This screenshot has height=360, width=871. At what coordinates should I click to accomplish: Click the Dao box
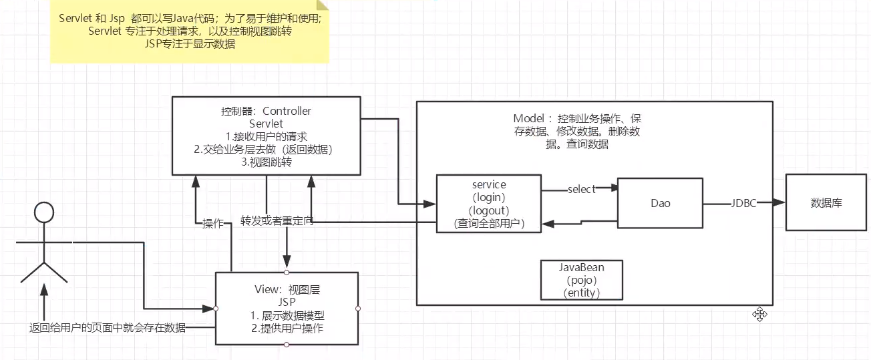(659, 202)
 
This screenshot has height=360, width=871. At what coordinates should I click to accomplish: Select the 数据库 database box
(826, 202)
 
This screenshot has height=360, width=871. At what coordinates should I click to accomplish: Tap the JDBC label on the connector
(743, 203)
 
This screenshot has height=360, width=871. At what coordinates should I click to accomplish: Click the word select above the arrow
(580, 189)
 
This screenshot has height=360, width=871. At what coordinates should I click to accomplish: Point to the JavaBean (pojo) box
(581, 280)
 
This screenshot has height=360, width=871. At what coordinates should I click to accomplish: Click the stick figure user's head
(43, 212)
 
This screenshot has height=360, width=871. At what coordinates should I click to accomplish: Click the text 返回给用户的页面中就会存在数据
(108, 327)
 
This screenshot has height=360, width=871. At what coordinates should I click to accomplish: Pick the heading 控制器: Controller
(266, 111)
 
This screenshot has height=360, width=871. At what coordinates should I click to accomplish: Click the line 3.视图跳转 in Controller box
(266, 162)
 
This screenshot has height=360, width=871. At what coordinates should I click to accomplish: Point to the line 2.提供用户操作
(288, 328)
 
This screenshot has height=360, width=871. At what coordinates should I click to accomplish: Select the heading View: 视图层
(287, 289)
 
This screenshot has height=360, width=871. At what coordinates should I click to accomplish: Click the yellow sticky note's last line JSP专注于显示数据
(190, 44)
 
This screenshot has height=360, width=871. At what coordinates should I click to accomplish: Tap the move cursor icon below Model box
(759, 314)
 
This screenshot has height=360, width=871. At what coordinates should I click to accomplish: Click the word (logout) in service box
(488, 210)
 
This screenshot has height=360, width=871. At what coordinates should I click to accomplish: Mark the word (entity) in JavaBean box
(581, 293)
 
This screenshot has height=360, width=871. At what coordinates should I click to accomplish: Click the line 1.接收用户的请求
(266, 136)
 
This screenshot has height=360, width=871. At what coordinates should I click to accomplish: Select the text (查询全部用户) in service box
(488, 224)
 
